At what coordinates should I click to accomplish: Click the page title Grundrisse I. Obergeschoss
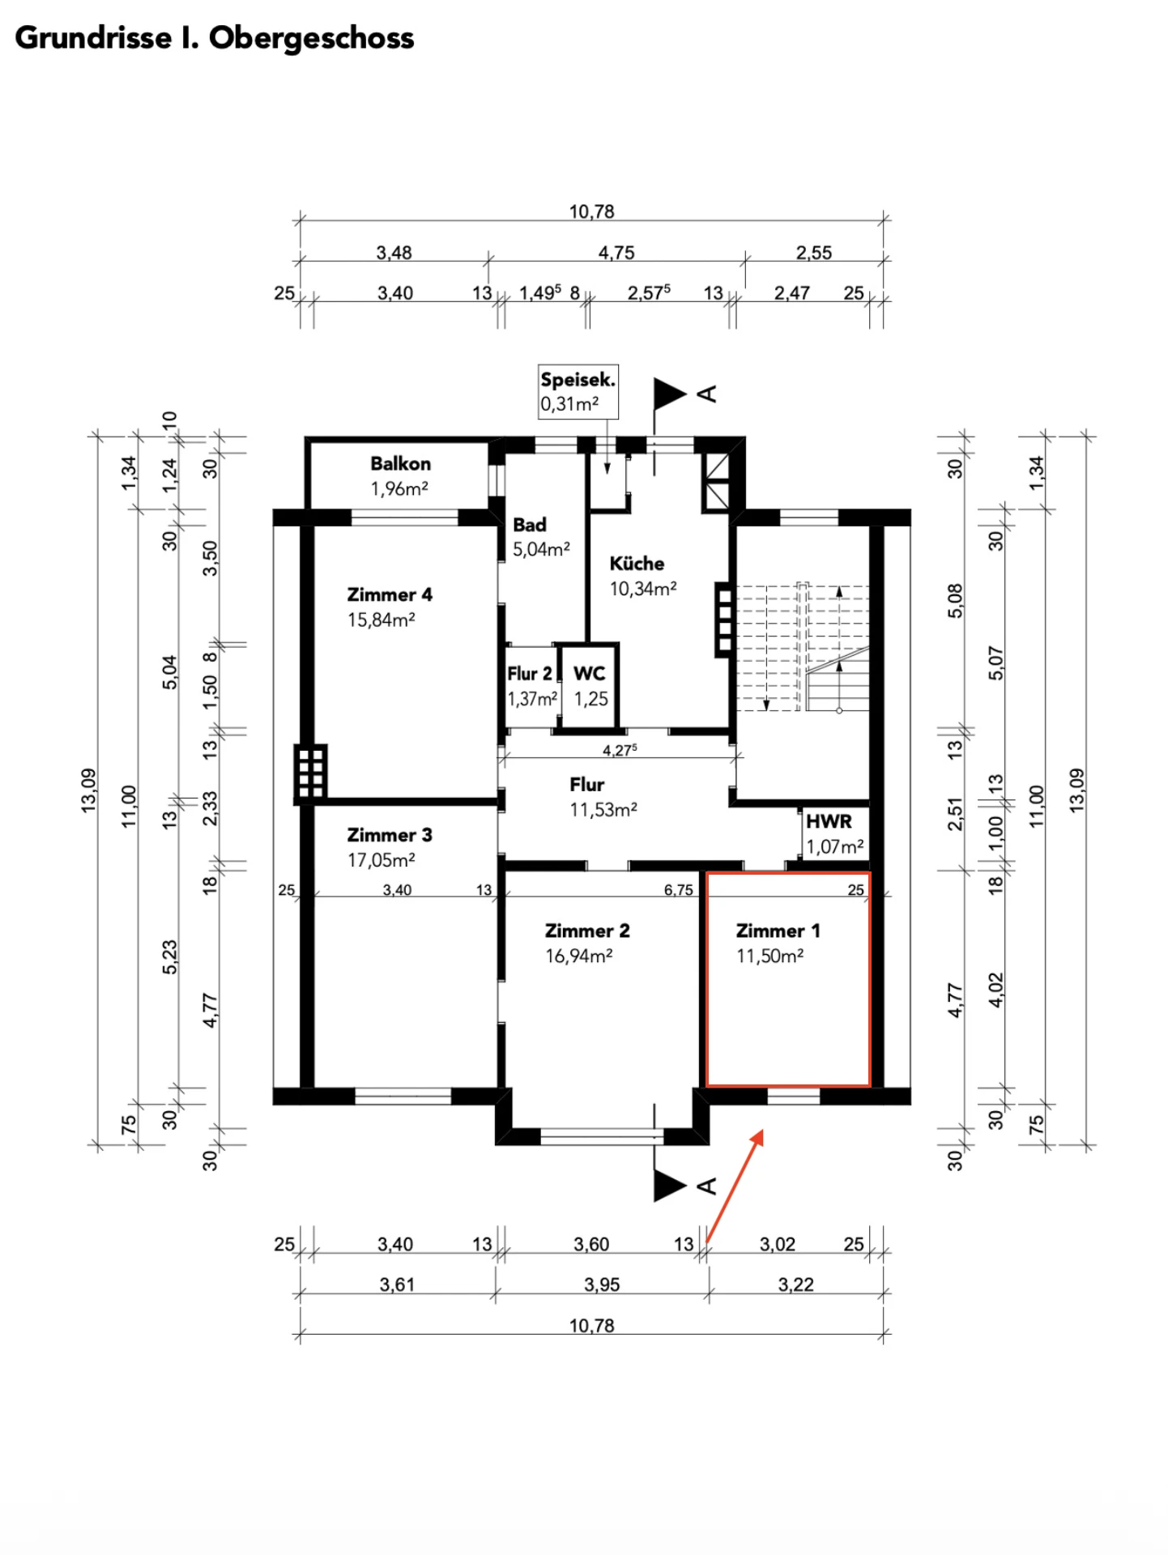(x=215, y=38)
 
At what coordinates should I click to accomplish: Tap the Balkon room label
(x=400, y=464)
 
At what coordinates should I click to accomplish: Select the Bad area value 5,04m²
(x=541, y=549)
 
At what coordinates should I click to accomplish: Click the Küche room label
(x=637, y=564)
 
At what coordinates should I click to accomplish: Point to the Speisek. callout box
(x=578, y=391)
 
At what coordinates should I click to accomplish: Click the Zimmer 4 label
(x=390, y=594)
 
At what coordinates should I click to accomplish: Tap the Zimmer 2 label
(x=587, y=931)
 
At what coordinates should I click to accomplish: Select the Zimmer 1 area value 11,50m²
(x=769, y=956)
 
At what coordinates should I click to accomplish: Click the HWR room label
(x=829, y=821)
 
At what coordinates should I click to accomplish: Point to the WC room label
(x=589, y=673)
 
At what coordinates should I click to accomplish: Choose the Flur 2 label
(x=530, y=674)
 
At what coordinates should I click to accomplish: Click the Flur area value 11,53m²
(x=603, y=809)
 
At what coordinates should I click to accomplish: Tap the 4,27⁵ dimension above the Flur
(x=620, y=750)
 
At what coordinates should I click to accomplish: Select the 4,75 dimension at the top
(x=616, y=253)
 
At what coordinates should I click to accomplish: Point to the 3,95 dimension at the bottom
(x=602, y=1284)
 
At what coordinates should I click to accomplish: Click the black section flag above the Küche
(x=671, y=394)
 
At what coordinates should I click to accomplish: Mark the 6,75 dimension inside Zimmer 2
(x=679, y=890)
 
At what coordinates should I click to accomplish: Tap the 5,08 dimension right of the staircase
(x=956, y=601)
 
